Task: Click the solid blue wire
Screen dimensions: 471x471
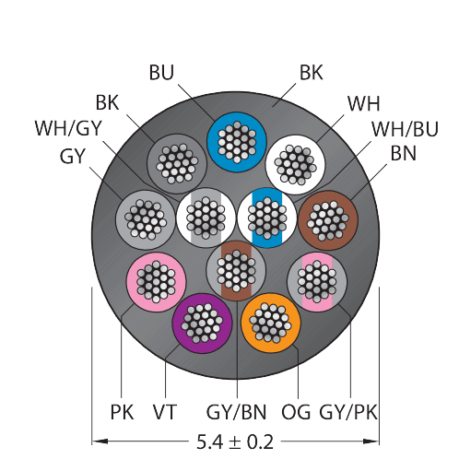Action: [x=236, y=142]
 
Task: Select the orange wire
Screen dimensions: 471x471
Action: [x=271, y=323]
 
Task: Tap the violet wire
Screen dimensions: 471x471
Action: [x=202, y=324]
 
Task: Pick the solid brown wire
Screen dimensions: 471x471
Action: [x=328, y=220]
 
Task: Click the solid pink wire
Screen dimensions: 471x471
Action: [x=156, y=282]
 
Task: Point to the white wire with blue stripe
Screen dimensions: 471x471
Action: [x=267, y=218]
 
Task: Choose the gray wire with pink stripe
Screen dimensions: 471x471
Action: [x=317, y=282]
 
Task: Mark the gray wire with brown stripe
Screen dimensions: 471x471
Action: [x=236, y=271]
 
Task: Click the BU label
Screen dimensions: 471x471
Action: [x=161, y=73]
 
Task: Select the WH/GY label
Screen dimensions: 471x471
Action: [x=68, y=128]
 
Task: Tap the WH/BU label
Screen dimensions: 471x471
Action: [x=405, y=129]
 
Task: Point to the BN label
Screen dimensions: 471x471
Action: [x=404, y=153]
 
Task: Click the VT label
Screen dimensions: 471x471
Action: [x=165, y=412]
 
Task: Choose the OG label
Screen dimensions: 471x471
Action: [x=296, y=412]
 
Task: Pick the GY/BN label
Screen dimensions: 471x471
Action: [x=236, y=412]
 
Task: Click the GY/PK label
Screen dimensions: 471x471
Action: [x=348, y=412]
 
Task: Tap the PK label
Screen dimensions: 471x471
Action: [x=122, y=412]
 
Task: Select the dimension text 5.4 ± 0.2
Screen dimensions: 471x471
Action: [x=235, y=442]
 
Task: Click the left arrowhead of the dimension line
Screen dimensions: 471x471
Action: [x=100, y=442]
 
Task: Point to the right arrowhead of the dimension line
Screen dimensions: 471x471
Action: [x=371, y=442]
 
